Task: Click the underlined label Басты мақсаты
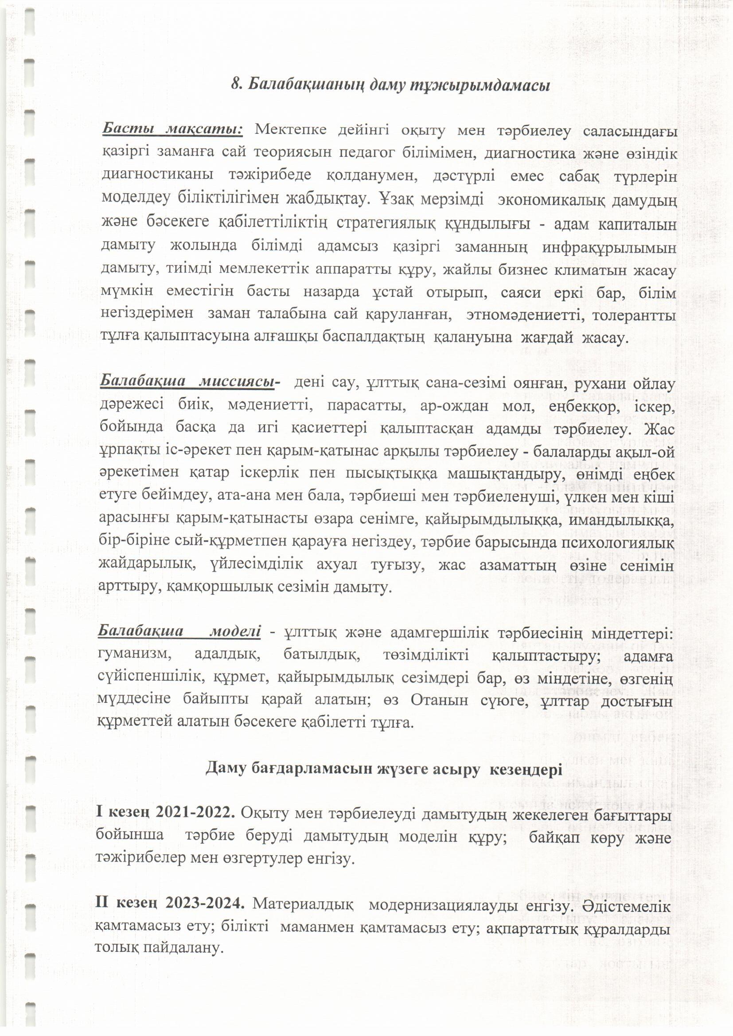[173, 129]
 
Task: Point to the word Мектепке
[290, 130]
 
